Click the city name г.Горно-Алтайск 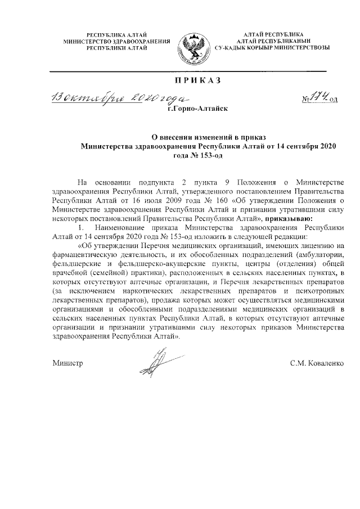pos(197,111)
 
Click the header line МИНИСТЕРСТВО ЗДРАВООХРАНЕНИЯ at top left pos(116,42)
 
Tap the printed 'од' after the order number pos(334,100)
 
